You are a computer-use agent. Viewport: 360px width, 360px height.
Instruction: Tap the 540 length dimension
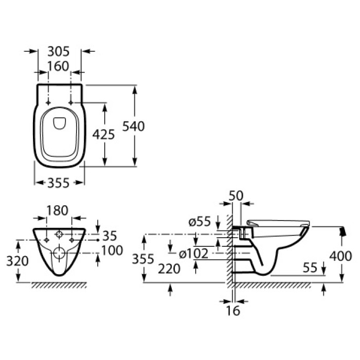[134, 126]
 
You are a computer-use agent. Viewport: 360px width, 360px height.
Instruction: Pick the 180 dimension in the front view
[58, 211]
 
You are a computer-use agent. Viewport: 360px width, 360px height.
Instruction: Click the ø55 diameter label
[200, 222]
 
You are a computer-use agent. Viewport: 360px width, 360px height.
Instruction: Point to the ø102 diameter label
[194, 253]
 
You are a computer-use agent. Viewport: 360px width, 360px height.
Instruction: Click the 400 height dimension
[341, 256]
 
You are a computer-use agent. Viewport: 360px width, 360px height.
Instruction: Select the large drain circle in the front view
[60, 252]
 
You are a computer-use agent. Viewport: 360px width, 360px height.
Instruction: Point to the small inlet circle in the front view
[60, 236]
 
